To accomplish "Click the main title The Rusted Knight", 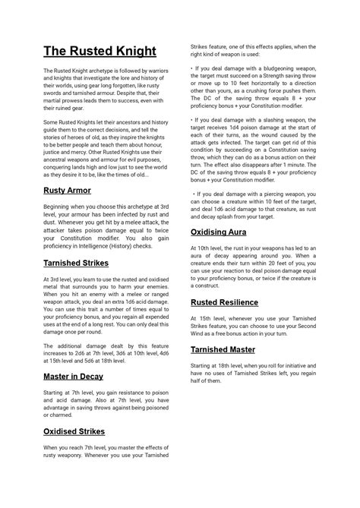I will (99, 52).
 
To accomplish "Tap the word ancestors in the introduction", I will (134, 121).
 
